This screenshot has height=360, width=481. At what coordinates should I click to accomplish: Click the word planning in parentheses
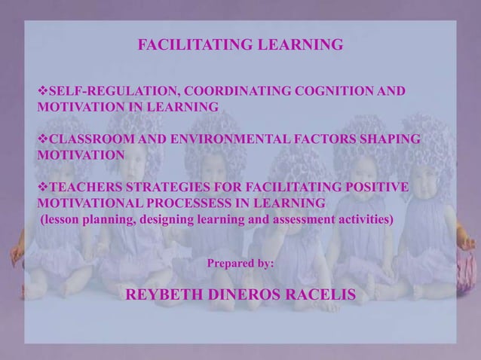(104, 220)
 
